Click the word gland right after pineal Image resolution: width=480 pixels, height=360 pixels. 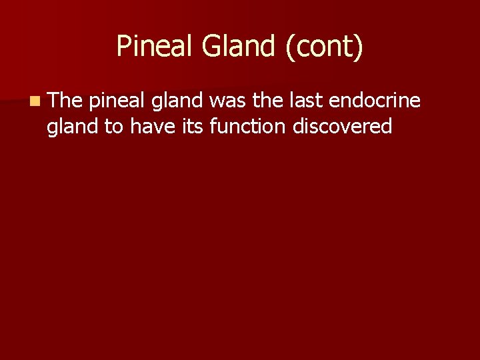pyautogui.click(x=178, y=101)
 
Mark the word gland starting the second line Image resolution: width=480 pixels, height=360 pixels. pyautogui.click(x=73, y=127)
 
